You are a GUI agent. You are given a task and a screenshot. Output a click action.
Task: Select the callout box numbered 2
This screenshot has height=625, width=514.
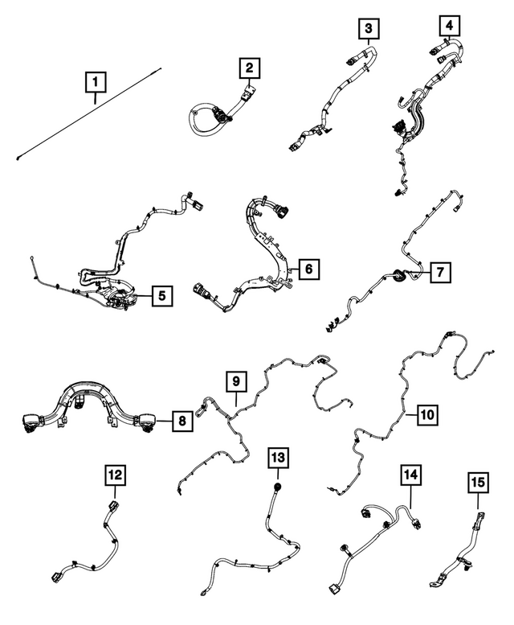click(251, 68)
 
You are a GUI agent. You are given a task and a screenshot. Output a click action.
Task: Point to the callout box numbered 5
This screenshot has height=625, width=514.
click(161, 296)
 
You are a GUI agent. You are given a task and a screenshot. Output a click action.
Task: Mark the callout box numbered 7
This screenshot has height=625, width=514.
click(439, 273)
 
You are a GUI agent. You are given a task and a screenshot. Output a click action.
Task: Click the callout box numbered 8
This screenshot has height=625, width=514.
click(182, 419)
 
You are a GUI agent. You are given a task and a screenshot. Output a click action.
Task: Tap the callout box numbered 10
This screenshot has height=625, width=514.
click(426, 415)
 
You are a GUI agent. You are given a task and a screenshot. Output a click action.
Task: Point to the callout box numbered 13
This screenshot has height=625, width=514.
click(277, 458)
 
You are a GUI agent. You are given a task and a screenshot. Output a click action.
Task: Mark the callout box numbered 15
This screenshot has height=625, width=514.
click(477, 483)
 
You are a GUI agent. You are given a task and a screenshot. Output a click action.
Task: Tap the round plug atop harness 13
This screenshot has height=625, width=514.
click(277, 487)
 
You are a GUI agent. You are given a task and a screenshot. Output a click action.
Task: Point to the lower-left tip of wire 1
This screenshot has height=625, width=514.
click(17, 158)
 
